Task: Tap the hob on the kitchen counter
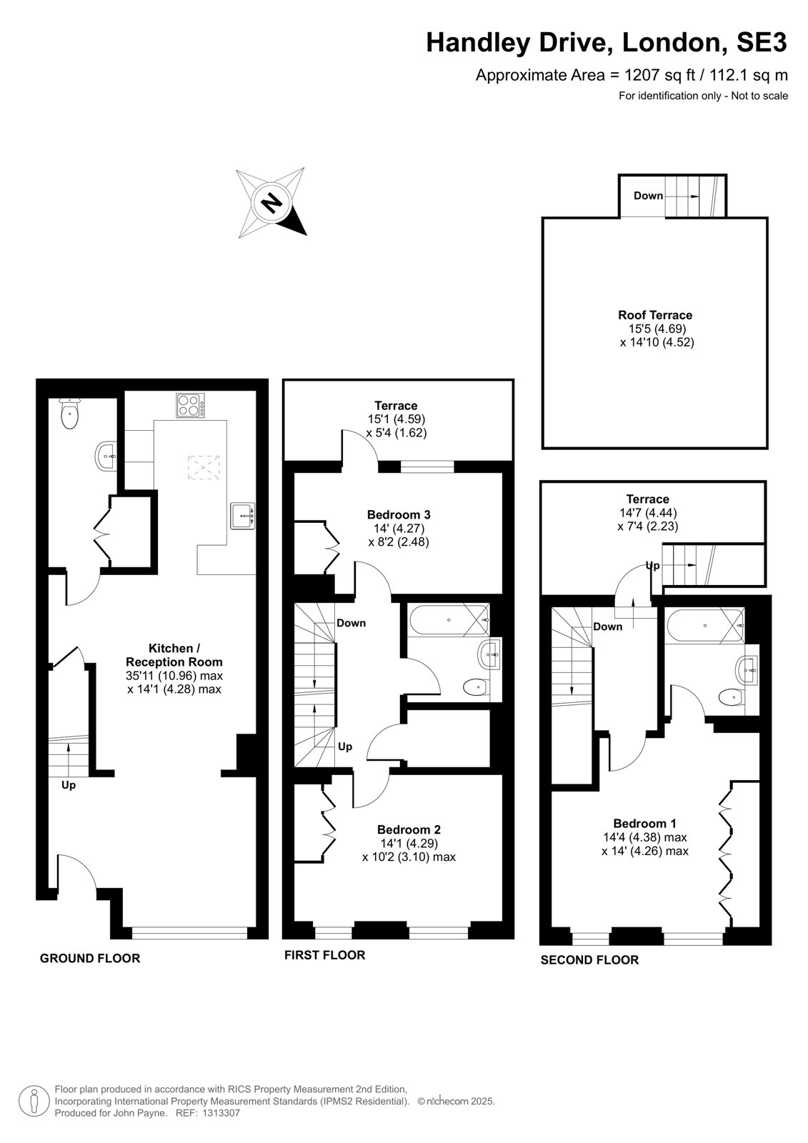[x=190, y=405]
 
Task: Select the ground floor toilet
[x=69, y=414]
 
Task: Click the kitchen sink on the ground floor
[x=243, y=516]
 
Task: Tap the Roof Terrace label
[x=655, y=315]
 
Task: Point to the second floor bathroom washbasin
[x=748, y=668]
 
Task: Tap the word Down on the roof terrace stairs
[x=648, y=196]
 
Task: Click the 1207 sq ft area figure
[x=661, y=75]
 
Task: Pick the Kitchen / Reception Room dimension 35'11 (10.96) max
[x=174, y=676]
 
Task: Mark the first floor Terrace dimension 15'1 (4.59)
[x=396, y=419]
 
